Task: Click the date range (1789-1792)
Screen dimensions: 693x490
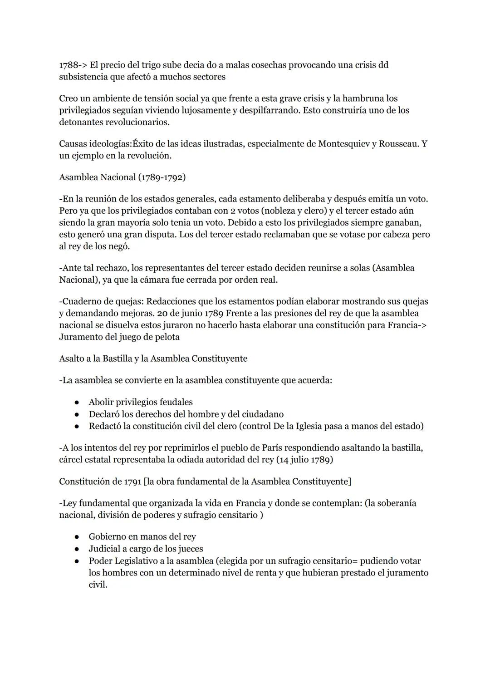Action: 162,177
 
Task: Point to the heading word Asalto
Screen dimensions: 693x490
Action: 71,359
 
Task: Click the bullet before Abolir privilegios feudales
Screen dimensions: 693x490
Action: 78,403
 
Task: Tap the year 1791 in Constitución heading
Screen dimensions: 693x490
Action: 132,482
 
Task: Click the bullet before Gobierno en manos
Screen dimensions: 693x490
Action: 78,537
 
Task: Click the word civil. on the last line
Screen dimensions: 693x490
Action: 98,585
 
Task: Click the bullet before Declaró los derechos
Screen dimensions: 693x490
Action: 78,414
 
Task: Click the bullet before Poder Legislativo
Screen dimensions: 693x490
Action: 78,561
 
